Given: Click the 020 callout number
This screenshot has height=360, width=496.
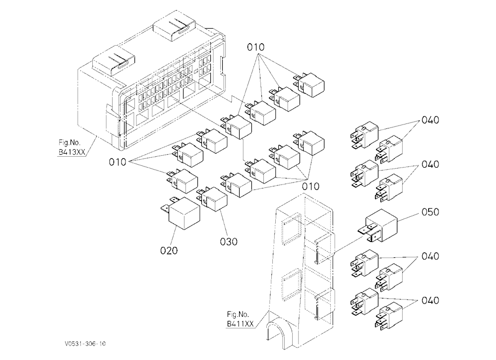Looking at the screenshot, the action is click(x=169, y=250).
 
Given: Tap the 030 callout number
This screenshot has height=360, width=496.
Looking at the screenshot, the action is click(x=229, y=241).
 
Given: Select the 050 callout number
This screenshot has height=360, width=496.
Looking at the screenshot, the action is click(x=430, y=212).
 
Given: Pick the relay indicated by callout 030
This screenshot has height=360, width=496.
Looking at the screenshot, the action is click(x=213, y=199).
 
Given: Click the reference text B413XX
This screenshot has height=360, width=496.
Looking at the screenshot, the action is click(x=72, y=152).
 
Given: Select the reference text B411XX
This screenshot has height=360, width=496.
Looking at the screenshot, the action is click(x=240, y=324).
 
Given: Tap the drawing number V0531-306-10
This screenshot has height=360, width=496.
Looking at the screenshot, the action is click(x=85, y=344).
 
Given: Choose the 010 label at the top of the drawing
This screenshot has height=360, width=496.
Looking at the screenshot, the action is click(x=255, y=48).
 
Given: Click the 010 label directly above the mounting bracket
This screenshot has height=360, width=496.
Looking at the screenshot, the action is click(x=310, y=186).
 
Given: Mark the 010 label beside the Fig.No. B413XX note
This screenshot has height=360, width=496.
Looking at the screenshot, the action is click(x=118, y=162).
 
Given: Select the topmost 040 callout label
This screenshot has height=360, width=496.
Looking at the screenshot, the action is click(x=430, y=120).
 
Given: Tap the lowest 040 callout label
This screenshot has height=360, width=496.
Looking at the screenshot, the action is click(x=430, y=300).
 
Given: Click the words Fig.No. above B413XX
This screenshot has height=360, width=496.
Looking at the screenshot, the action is click(x=69, y=143).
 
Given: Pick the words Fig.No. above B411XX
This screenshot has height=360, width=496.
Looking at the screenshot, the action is click(x=238, y=314).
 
